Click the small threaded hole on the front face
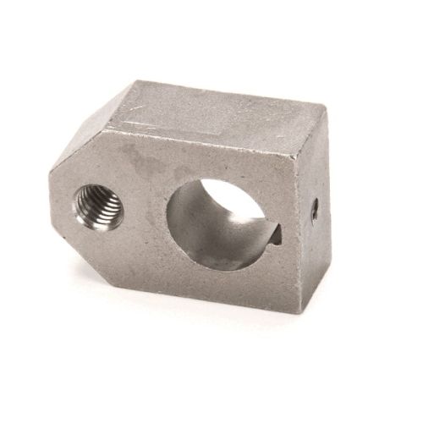99,206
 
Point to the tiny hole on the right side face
313,209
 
